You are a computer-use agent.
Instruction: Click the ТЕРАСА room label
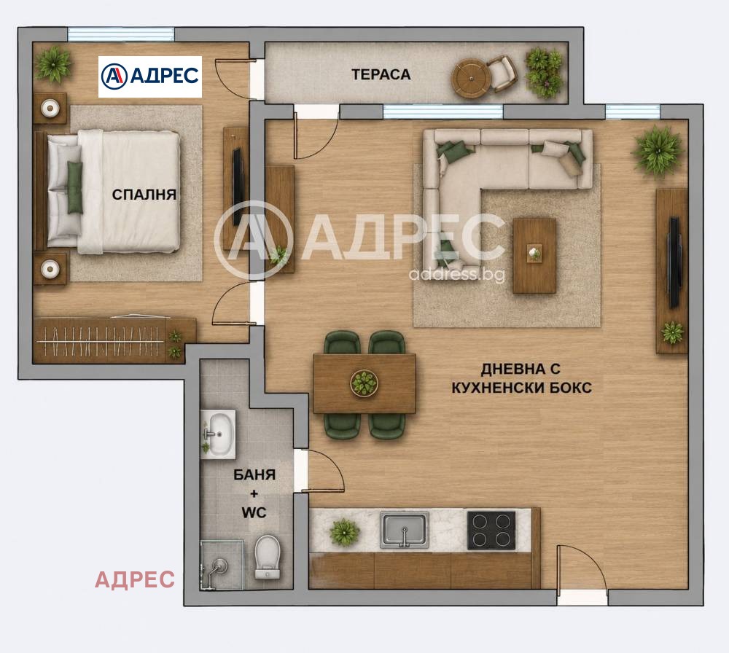point(381,74)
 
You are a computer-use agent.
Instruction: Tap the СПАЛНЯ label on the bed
point(144,195)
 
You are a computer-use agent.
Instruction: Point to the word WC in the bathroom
point(254,512)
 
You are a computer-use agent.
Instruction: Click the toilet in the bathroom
point(268,558)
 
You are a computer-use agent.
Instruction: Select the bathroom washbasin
point(217,434)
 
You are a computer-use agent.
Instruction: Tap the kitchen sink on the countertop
point(405,531)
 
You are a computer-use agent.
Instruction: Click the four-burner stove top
point(491,531)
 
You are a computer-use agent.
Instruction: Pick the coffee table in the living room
point(534,256)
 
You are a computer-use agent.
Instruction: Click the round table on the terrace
point(471,79)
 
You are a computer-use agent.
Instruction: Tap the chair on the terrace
point(502,74)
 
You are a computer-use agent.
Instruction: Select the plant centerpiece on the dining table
point(364,383)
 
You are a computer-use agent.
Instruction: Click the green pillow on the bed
point(74,187)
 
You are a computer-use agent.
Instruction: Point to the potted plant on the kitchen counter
point(344,532)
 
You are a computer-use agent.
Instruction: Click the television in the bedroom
point(237,187)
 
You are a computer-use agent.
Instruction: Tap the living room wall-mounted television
point(674,262)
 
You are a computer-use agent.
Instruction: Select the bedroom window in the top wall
point(121,34)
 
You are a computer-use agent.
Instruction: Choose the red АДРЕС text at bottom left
point(135,579)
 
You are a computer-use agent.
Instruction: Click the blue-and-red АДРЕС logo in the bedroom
point(150,77)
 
